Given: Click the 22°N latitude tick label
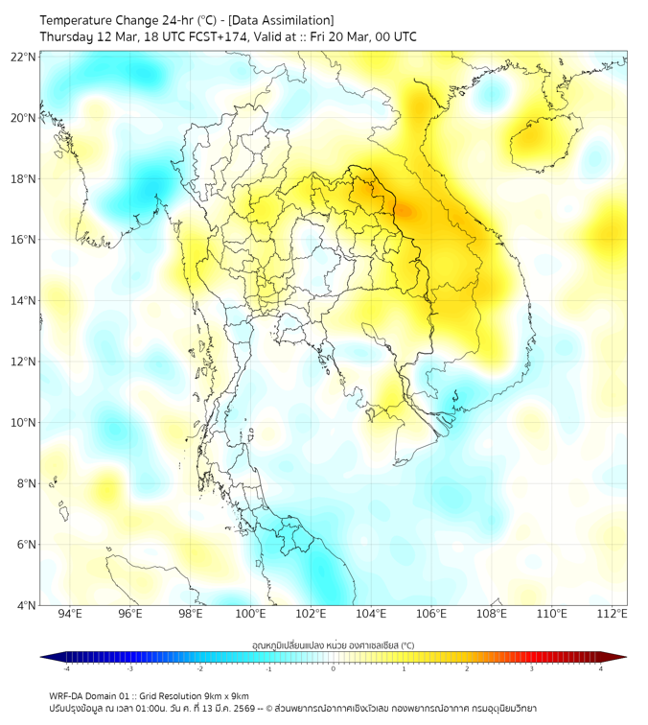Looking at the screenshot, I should click(24, 57).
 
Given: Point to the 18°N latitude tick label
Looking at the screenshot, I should click(24, 178).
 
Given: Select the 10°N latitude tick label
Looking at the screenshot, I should click(24, 422).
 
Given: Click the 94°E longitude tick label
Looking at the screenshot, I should click(70, 614).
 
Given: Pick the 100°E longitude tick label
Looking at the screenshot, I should click(250, 614).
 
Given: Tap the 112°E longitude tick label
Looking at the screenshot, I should click(612, 614).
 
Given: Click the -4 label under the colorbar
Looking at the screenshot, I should click(65, 668).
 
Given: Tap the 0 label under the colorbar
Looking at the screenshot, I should click(334, 668).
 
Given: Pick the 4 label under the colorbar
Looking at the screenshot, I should click(600, 668).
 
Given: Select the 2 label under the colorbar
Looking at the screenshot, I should click(467, 668).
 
